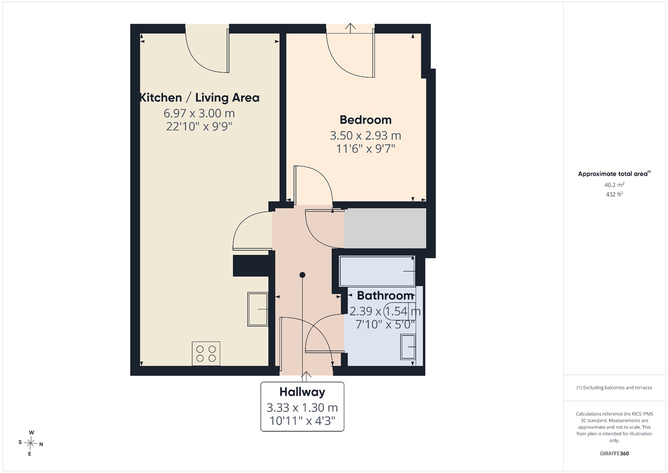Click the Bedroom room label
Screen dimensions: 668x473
[365, 120]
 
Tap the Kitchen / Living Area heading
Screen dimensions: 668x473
[199, 98]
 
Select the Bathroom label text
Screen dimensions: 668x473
[385, 296]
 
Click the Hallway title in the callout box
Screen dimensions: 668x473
[302, 392]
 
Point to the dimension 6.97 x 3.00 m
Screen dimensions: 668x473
[199, 113]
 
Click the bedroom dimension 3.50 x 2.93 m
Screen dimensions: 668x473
[365, 135]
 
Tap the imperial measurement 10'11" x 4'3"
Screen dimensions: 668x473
[302, 421]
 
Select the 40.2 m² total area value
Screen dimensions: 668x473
[614, 185]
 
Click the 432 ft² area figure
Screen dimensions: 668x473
[614, 194]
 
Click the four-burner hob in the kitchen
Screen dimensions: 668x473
[206, 354]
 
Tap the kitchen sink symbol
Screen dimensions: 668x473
[257, 309]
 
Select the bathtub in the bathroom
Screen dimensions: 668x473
[377, 271]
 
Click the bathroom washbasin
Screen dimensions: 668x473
[408, 347]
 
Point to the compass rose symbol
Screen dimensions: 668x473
[31, 443]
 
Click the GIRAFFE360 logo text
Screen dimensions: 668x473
[614, 453]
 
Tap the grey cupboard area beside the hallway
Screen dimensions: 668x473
[385, 228]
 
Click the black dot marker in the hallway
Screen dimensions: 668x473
[302, 275]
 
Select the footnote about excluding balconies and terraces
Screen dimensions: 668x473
[614, 388]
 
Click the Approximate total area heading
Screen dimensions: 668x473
[614, 174]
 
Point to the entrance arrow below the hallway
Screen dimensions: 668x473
[306, 376]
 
